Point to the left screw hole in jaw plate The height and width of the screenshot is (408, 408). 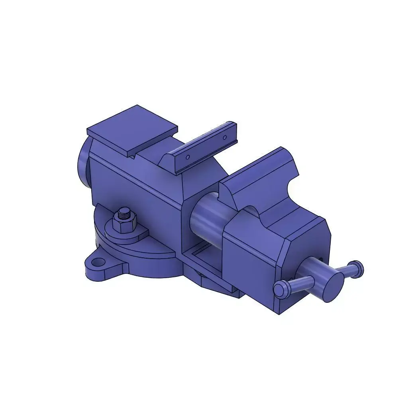click(x=188, y=157)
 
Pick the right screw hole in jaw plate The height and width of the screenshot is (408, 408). click(x=224, y=137)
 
